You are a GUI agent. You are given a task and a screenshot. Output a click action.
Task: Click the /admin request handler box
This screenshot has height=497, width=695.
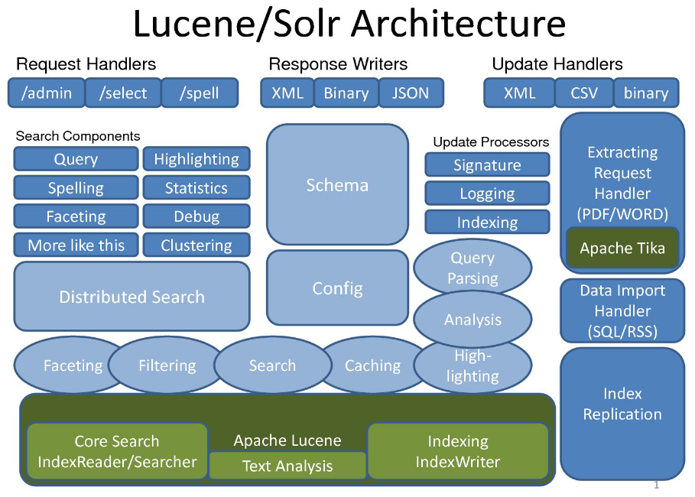click(x=47, y=93)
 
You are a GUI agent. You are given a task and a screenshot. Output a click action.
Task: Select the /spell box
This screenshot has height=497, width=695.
click(x=200, y=93)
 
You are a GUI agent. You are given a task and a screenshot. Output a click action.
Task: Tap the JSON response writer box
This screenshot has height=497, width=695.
click(x=411, y=93)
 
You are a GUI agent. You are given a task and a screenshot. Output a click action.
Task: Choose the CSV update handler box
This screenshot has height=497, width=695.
click(x=584, y=93)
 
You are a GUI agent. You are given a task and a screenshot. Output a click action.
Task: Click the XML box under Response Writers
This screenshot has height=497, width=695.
click(x=287, y=93)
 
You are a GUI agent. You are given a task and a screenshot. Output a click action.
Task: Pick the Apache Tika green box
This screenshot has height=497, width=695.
click(x=622, y=248)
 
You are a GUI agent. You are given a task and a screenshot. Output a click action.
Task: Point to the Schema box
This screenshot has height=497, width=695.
click(x=337, y=185)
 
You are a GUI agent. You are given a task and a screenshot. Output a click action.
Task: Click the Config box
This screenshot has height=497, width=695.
click(x=337, y=289)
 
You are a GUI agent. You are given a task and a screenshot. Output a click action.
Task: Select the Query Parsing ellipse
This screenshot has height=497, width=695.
click(x=473, y=268)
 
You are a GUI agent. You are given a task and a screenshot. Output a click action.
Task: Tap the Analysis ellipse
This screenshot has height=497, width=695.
click(x=473, y=320)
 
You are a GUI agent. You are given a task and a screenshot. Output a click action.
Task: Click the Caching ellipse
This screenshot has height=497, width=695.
click(x=373, y=365)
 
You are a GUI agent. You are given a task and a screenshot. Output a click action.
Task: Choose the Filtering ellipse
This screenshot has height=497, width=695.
click(x=167, y=365)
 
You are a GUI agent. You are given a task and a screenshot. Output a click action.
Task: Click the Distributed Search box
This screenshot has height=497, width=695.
click(x=132, y=297)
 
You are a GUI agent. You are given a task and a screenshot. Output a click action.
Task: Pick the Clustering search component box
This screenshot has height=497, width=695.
click(x=196, y=245)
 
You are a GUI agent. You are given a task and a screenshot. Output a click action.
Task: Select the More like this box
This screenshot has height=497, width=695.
click(x=76, y=245)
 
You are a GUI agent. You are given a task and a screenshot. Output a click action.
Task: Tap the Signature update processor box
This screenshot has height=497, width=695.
click(x=487, y=165)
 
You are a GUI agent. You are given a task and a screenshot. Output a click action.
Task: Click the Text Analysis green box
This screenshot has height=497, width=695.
click(x=287, y=466)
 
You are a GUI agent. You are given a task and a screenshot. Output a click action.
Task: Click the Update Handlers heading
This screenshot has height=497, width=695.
click(x=557, y=64)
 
